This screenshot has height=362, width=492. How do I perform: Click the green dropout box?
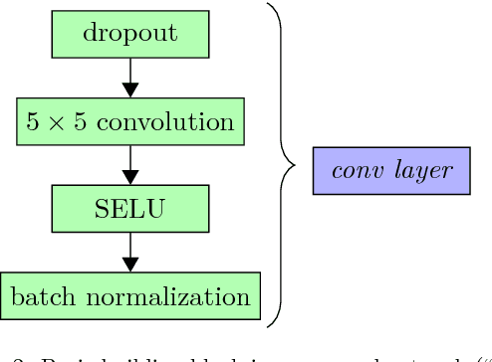click(129, 33)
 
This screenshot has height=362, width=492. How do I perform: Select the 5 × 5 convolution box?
click(129, 121)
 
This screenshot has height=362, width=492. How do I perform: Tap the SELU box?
click(129, 209)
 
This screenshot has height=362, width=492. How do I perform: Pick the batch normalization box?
click(129, 296)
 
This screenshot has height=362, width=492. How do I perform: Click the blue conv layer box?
click(391, 170)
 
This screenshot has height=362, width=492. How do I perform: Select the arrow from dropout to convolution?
click(129, 77)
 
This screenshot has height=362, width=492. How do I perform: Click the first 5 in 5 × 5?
click(34, 121)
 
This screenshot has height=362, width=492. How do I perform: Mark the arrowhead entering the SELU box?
click(129, 178)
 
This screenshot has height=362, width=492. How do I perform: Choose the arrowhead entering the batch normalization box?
click(129, 266)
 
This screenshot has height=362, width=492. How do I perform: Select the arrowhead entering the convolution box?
click(129, 90)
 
